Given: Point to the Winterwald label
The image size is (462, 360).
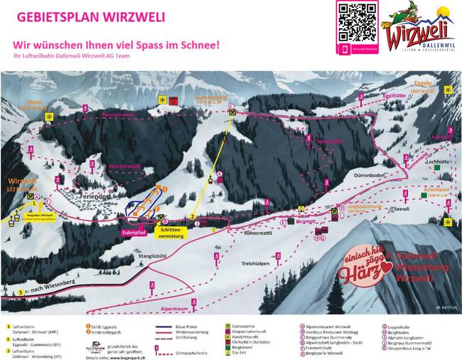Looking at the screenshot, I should click(x=125, y=166).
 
